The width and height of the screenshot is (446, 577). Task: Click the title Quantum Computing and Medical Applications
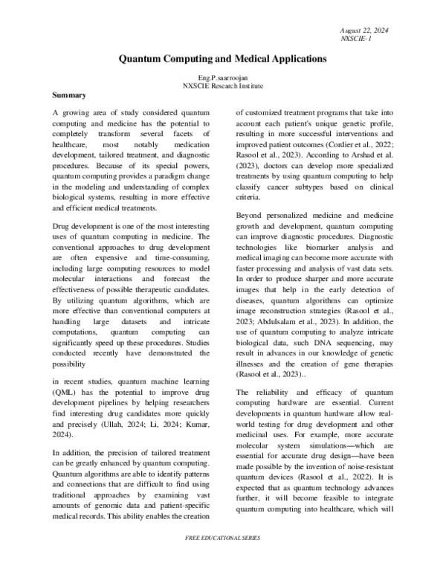tap(223, 57)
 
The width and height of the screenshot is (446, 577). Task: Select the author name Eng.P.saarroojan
tap(223, 78)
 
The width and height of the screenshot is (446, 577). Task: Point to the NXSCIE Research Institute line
tap(223, 86)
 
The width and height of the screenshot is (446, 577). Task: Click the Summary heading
tap(72, 96)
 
